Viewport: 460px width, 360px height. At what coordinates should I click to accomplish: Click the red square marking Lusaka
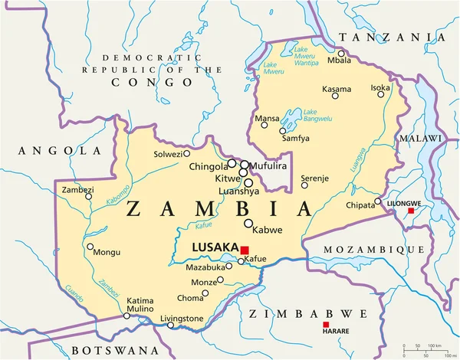pyautogui.click(x=245, y=250)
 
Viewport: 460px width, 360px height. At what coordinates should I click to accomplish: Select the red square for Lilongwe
pyautogui.click(x=411, y=211)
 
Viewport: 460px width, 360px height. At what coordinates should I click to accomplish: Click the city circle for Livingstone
pyautogui.click(x=171, y=326)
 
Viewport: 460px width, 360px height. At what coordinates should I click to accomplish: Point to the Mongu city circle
pyautogui.click(x=90, y=247)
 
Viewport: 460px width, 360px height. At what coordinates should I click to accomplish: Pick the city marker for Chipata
pyautogui.click(x=377, y=202)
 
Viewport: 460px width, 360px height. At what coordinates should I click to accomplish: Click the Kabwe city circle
pyautogui.click(x=248, y=223)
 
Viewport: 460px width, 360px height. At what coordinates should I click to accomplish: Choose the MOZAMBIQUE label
pyautogui.click(x=373, y=250)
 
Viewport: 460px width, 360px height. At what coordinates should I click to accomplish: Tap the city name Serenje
pyautogui.click(x=315, y=178)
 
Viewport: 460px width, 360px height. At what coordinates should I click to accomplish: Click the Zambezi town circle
pyautogui.click(x=88, y=197)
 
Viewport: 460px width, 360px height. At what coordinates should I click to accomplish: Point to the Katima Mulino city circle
pyautogui.click(x=127, y=316)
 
